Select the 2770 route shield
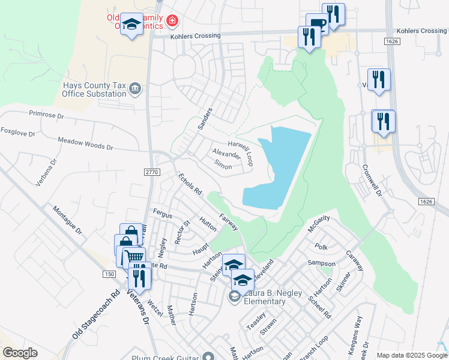(152, 172)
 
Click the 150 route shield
(109, 274)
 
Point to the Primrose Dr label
(46, 114)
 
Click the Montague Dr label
(66, 220)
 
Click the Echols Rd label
(189, 184)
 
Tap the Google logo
(20, 353)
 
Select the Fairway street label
(229, 223)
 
